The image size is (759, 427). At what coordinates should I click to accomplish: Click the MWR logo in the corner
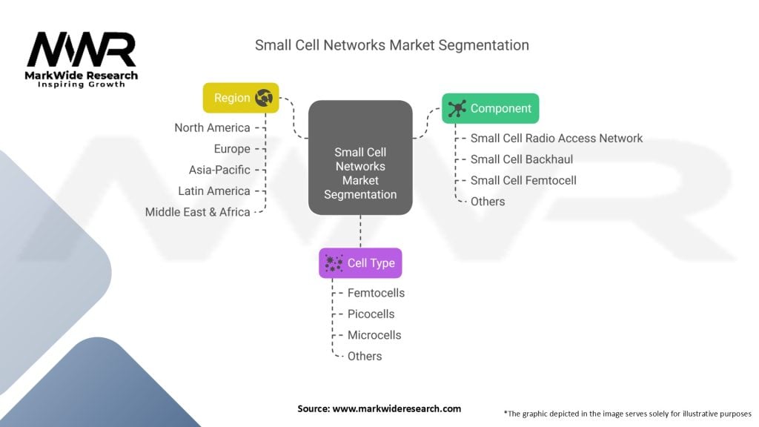point(82,59)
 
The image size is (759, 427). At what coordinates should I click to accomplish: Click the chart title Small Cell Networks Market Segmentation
point(391,45)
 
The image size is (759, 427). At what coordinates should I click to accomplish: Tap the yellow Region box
point(241,98)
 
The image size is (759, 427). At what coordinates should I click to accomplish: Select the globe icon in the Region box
point(264,98)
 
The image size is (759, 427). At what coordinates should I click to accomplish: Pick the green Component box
point(491,108)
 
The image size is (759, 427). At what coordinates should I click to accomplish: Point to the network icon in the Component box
point(457,108)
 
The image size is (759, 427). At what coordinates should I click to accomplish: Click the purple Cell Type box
point(360,263)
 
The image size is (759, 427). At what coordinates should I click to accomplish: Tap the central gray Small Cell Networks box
point(360,158)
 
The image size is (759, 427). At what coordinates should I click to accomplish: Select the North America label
point(212,128)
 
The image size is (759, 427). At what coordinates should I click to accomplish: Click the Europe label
point(232,148)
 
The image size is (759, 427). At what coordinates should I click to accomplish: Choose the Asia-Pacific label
point(219,170)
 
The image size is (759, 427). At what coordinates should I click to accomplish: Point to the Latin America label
point(214,191)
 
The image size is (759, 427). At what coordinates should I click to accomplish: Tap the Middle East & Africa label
point(197,212)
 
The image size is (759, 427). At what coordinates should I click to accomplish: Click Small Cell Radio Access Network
point(557,139)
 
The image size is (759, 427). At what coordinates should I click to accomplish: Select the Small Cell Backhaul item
point(522,159)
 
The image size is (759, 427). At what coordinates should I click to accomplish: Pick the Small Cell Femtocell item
point(523,181)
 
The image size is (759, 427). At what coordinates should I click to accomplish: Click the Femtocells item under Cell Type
point(376,293)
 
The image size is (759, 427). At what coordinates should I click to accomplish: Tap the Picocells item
point(371,314)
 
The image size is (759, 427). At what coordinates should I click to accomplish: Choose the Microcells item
point(374,335)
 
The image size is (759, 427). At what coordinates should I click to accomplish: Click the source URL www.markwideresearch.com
point(397,408)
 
